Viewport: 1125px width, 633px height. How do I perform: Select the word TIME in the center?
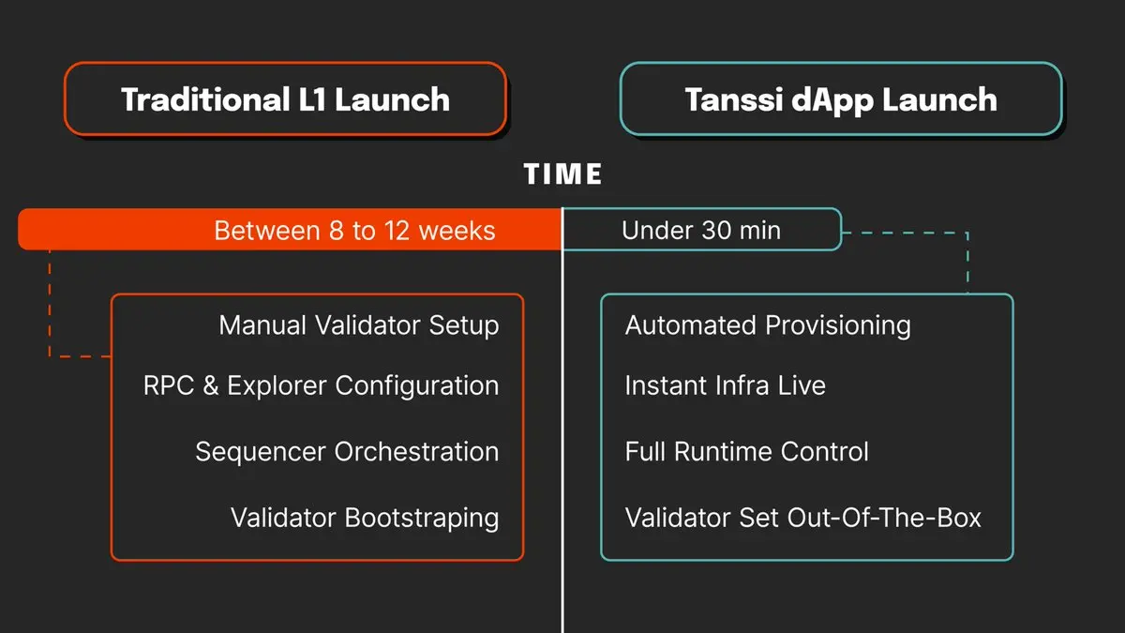coord(562,173)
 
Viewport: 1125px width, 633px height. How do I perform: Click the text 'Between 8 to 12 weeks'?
coord(354,231)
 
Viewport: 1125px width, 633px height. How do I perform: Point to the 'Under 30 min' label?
coord(701,231)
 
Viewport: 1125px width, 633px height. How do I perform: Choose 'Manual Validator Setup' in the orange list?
coord(359,325)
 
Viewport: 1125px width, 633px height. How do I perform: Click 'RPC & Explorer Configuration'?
coord(322,385)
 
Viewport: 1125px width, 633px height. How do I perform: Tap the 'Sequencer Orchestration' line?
coord(348,451)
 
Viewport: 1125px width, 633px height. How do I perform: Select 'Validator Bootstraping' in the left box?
coord(365,518)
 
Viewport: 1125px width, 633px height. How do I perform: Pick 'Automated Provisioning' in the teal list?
coord(768,325)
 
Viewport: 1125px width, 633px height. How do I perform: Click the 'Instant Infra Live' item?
coord(726,385)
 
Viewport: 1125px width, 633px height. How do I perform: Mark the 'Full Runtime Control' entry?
coord(747,451)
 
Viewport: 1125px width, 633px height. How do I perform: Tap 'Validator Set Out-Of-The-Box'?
coord(803,518)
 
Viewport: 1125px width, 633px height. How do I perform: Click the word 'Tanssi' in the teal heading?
coord(734,99)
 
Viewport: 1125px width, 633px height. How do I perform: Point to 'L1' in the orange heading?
coord(312,99)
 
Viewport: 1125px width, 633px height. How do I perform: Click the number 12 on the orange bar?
coord(397,231)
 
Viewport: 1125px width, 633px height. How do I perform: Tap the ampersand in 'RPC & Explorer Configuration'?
coord(210,385)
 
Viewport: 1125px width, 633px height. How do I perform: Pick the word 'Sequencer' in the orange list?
coord(261,452)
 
